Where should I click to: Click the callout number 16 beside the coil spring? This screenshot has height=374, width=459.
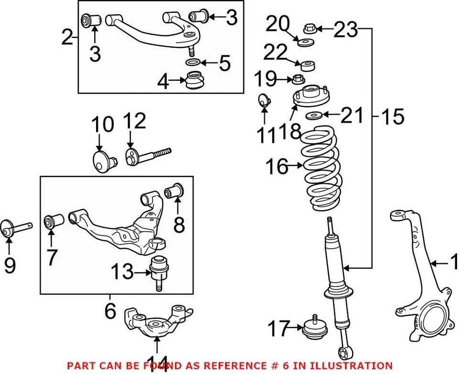[277, 167]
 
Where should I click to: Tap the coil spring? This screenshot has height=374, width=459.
[321, 167]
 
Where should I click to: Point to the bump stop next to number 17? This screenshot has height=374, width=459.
[315, 329]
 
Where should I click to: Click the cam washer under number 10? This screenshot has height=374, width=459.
[103, 161]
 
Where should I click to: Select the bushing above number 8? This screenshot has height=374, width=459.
[175, 191]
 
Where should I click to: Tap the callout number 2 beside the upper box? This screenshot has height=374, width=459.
[68, 37]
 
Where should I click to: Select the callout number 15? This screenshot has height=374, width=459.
[393, 116]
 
